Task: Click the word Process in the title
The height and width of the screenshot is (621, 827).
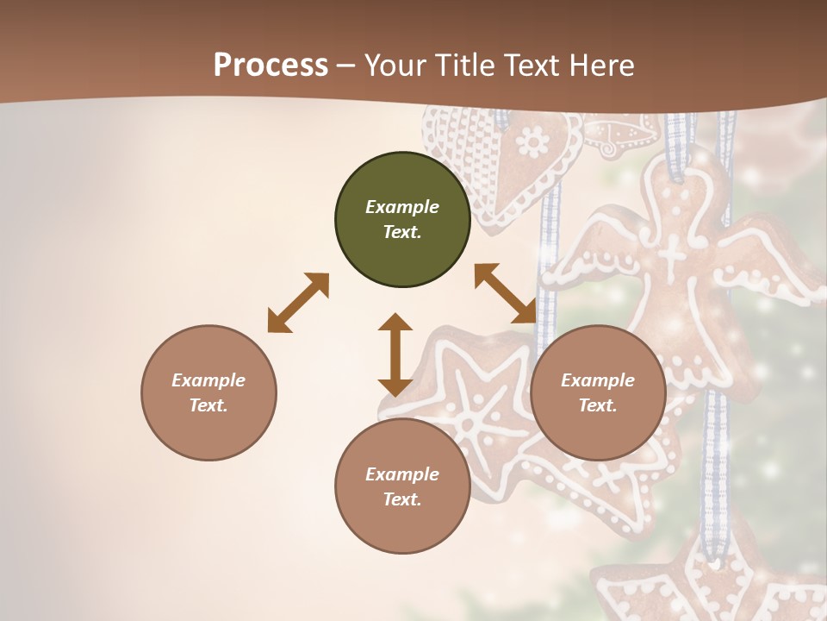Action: click(270, 66)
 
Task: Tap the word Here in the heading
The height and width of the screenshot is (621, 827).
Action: click(603, 66)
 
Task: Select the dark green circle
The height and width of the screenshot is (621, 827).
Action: click(402, 220)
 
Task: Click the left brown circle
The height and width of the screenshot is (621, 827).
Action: click(208, 392)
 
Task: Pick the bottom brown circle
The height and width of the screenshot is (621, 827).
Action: click(402, 486)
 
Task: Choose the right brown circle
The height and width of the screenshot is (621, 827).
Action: click(598, 392)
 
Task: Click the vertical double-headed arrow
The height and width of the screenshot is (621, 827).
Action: click(395, 354)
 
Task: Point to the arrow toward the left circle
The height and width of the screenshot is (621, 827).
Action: click(298, 303)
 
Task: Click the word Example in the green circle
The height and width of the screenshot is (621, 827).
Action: click(402, 207)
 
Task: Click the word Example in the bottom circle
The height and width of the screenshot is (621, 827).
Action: click(402, 474)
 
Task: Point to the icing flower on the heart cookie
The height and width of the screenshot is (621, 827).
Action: click(533, 140)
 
